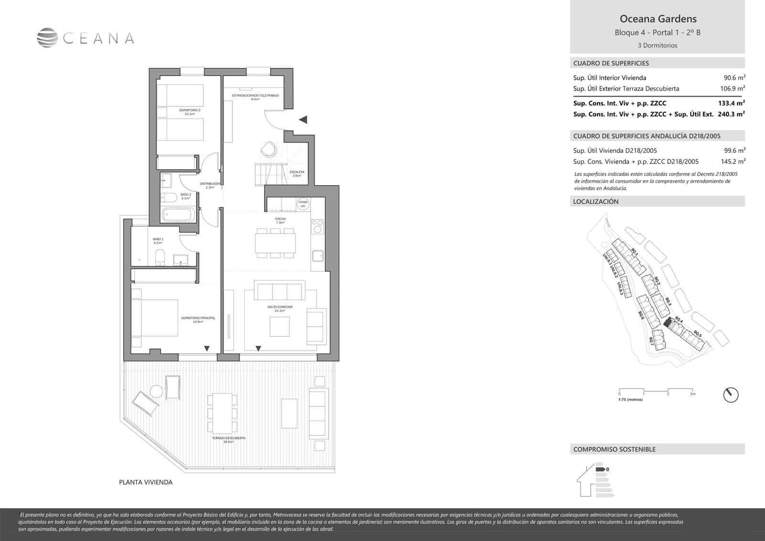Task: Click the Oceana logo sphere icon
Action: coord(47,38)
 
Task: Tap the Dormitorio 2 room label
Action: coord(193,112)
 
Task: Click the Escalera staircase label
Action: coord(296,174)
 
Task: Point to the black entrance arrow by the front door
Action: coord(303,120)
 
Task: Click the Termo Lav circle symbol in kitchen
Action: coord(303,204)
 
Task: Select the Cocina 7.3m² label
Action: coord(280,221)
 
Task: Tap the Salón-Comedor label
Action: coord(280,309)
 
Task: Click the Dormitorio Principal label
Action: coord(198,320)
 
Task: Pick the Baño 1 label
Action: coord(158,241)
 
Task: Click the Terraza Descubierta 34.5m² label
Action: coord(229,440)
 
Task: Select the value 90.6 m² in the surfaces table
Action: coord(734,77)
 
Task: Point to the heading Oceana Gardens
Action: coord(658,19)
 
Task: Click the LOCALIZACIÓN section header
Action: coord(596,202)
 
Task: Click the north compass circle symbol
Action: coord(731,395)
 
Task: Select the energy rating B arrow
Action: coord(601,469)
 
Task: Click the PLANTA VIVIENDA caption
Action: coord(145,482)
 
